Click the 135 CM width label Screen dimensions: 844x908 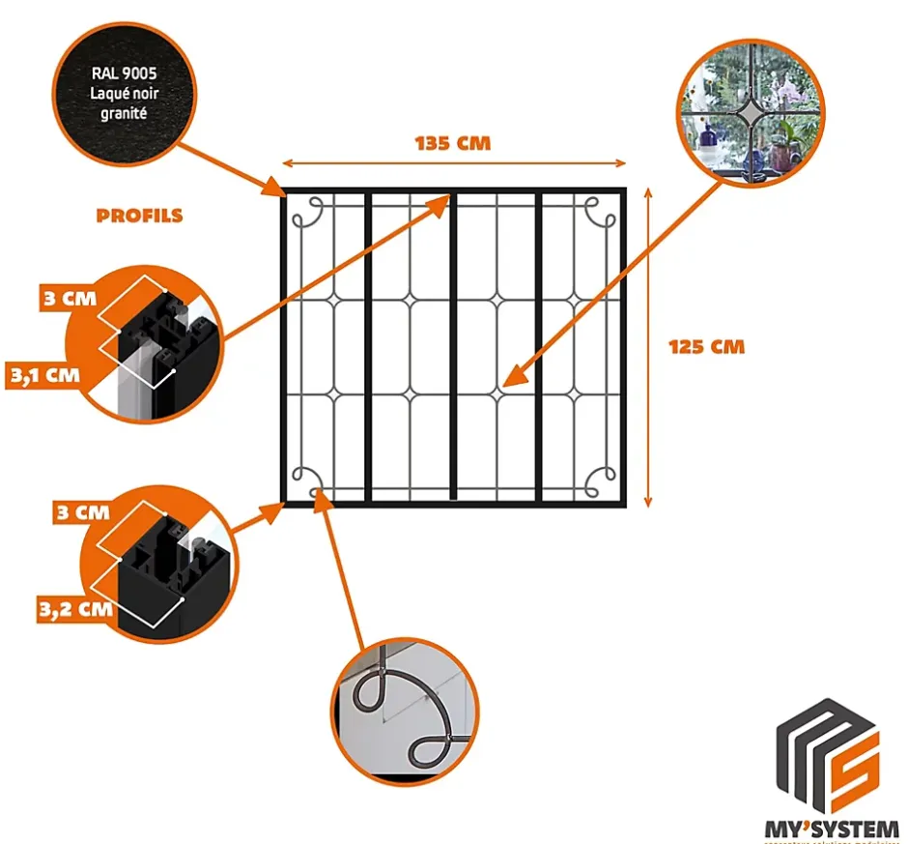click(453, 143)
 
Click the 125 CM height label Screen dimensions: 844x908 click(706, 346)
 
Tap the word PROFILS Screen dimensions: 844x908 click(139, 215)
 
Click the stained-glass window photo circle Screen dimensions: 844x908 click(751, 111)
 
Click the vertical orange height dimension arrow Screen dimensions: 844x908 click(648, 346)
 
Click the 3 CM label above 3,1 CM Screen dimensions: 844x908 click(70, 297)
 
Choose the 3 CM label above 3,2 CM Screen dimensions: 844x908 click(82, 512)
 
